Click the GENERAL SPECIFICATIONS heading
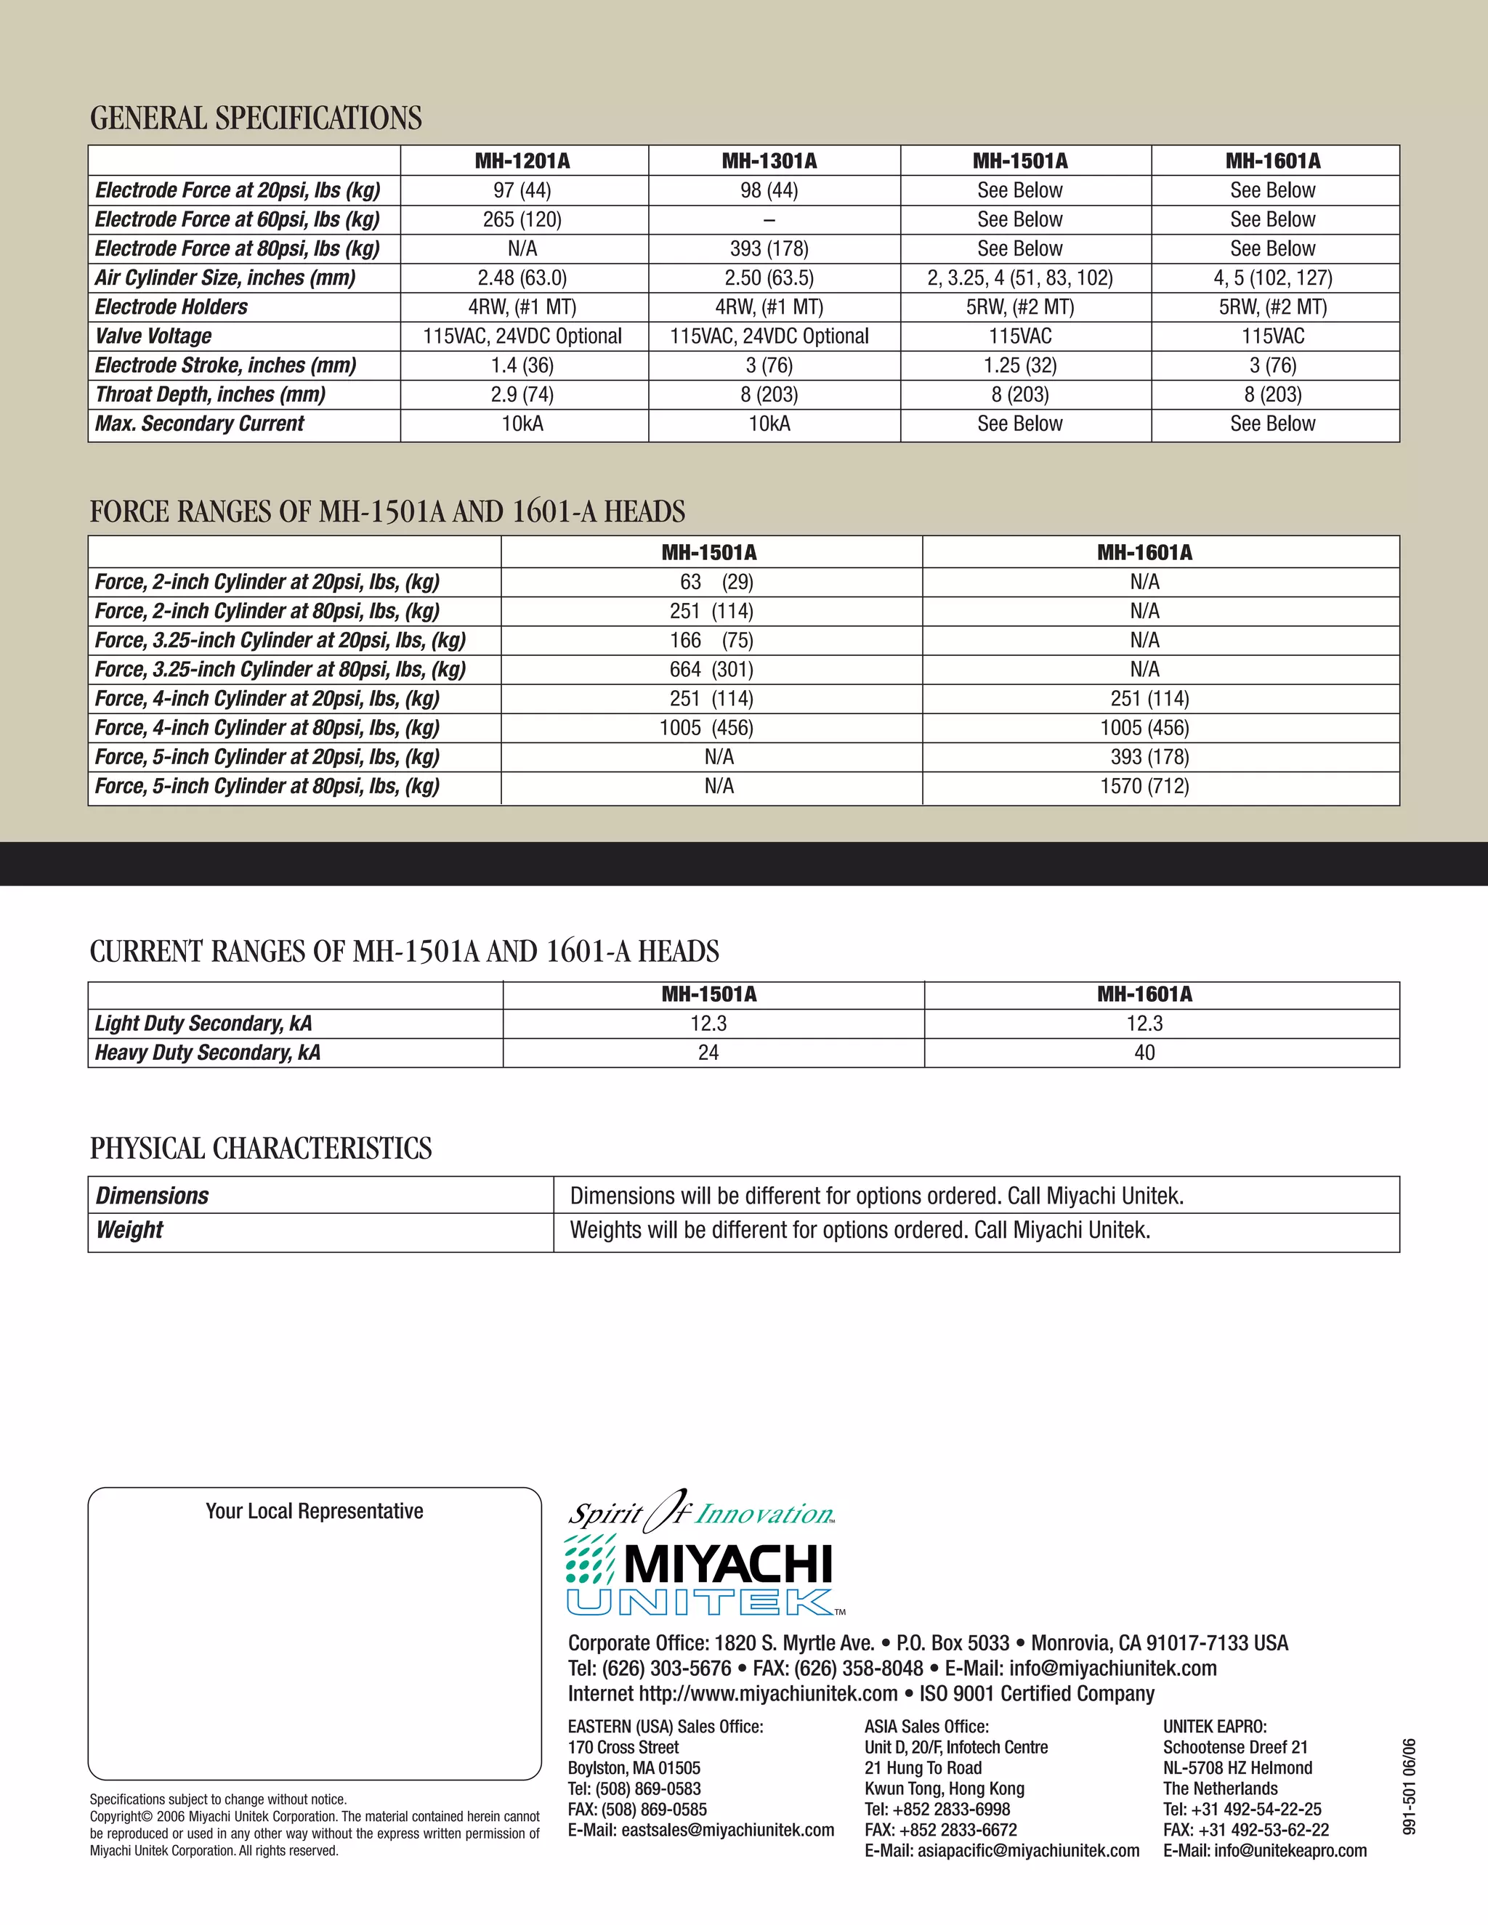point(256,118)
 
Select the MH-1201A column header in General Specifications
point(522,161)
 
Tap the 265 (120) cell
point(522,219)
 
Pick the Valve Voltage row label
point(153,336)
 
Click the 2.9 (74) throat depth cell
point(522,394)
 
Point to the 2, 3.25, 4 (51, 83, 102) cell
point(1020,277)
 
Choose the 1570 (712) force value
point(1144,785)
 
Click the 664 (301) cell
point(711,669)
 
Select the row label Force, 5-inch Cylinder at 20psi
point(267,756)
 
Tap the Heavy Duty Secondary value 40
point(1144,1053)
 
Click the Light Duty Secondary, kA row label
point(203,1024)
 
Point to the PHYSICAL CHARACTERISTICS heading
point(261,1148)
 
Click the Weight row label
point(129,1230)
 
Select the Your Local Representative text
point(315,1511)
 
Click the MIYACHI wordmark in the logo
point(728,1565)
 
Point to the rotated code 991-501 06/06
point(1410,1787)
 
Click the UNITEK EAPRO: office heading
point(1214,1727)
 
